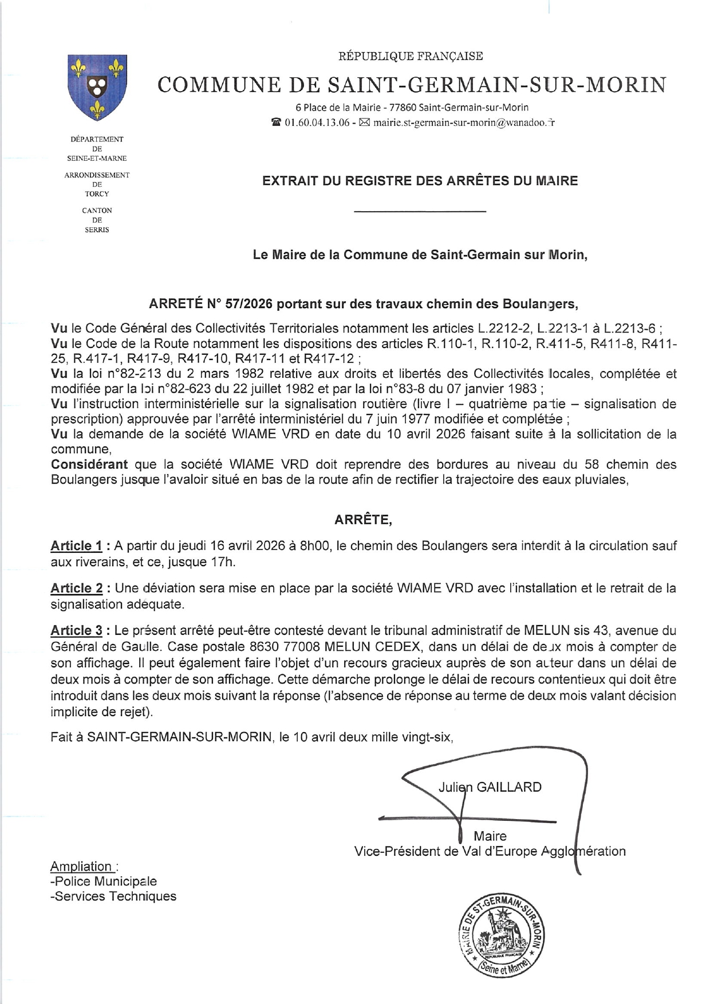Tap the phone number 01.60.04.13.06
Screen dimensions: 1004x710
coord(317,122)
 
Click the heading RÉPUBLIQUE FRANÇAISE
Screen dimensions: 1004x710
coord(411,56)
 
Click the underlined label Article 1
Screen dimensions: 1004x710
coord(77,546)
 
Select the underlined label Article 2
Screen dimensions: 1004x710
coord(77,588)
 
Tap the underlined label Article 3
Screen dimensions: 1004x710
coord(77,631)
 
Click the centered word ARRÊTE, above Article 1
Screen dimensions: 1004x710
coord(363,520)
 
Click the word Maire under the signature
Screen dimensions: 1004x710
coord(490,836)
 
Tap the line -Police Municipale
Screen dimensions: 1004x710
coord(104,882)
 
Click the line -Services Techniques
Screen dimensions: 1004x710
coord(113,896)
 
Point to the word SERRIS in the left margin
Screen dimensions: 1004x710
coord(97,230)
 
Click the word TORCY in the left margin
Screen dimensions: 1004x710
coord(97,194)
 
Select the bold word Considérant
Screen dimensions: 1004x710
coord(89,464)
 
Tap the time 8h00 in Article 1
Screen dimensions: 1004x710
coord(315,546)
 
